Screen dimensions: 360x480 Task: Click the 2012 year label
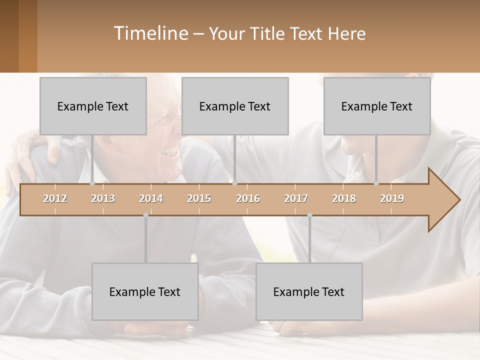(55, 199)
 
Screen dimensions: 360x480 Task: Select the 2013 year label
(103, 199)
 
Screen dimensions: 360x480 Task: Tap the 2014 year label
(151, 199)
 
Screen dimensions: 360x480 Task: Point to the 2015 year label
(199, 199)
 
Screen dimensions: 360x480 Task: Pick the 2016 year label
(248, 199)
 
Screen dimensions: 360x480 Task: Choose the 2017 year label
(296, 199)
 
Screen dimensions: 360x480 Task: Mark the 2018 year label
(344, 199)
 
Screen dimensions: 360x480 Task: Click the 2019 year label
(392, 199)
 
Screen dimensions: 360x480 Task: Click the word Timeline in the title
(150, 33)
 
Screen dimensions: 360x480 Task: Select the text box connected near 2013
(93, 106)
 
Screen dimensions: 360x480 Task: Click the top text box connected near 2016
(235, 106)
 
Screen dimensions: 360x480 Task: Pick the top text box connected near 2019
(377, 106)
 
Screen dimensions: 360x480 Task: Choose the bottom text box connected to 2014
(145, 292)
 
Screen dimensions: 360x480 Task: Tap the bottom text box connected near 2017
(309, 292)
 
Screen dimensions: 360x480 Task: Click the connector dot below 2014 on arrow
(145, 215)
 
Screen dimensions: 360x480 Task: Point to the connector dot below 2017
(309, 215)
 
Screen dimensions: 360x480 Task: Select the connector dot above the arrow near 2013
(92, 183)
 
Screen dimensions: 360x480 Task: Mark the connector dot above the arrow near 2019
(376, 183)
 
